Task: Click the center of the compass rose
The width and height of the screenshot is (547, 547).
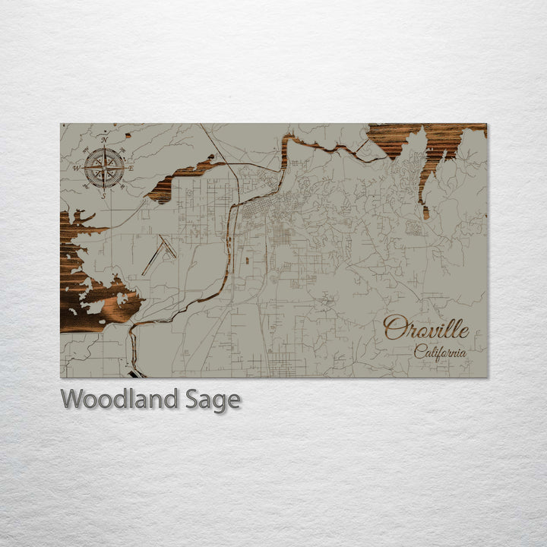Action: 104,167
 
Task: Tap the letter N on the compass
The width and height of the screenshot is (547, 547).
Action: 104,140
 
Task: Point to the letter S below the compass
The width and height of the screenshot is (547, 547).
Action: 104,195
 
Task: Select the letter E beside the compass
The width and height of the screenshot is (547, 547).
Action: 131,168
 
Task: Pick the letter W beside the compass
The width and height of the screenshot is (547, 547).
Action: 77,168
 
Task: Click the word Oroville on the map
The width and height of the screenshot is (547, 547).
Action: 425,328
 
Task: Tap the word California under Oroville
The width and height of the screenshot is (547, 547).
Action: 440,352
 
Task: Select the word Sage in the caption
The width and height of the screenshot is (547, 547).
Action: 212,400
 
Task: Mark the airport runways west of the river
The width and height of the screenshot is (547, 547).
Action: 159,254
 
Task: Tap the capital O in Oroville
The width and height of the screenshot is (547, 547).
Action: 394,328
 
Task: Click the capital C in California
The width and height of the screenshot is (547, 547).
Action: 420,352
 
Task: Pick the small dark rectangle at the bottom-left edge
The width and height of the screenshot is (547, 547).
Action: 137,373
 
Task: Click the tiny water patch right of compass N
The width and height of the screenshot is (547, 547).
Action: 128,136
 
